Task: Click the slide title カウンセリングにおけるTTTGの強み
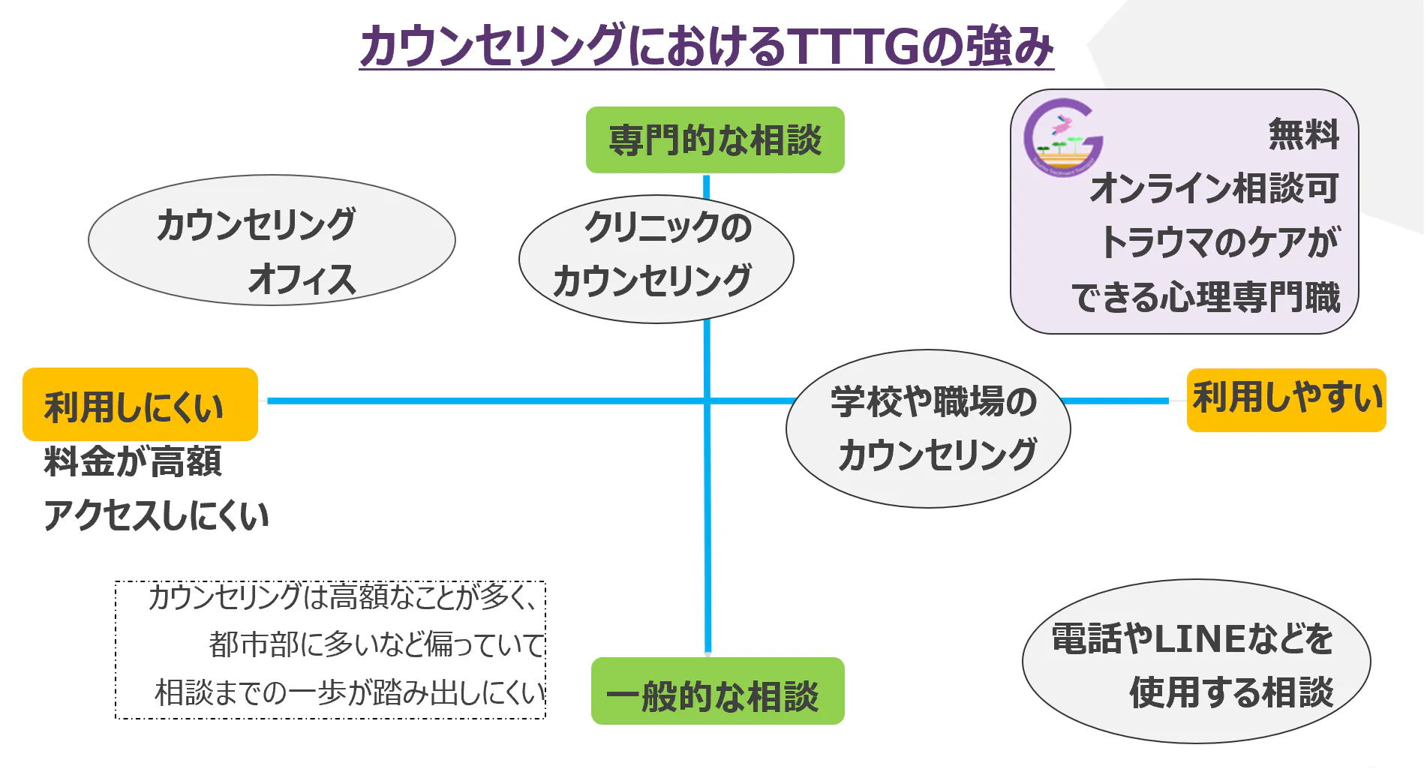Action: tap(706, 46)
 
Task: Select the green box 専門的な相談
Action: tap(714, 140)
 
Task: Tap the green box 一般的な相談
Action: tap(717, 692)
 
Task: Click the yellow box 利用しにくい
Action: tap(140, 405)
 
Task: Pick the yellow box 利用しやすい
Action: tap(1286, 400)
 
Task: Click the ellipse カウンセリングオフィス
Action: tap(272, 240)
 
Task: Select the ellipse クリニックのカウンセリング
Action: tap(656, 260)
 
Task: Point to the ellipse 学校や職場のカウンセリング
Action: tap(928, 429)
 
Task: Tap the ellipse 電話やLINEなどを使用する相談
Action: tap(1195, 662)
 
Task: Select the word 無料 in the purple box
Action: tap(1303, 135)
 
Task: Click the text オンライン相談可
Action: tap(1214, 188)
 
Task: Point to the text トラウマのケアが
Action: tap(1219, 242)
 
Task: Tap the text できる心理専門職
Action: tap(1205, 297)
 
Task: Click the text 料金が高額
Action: tap(133, 461)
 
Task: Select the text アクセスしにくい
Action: tap(156, 516)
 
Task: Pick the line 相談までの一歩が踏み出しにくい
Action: tap(350, 692)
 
